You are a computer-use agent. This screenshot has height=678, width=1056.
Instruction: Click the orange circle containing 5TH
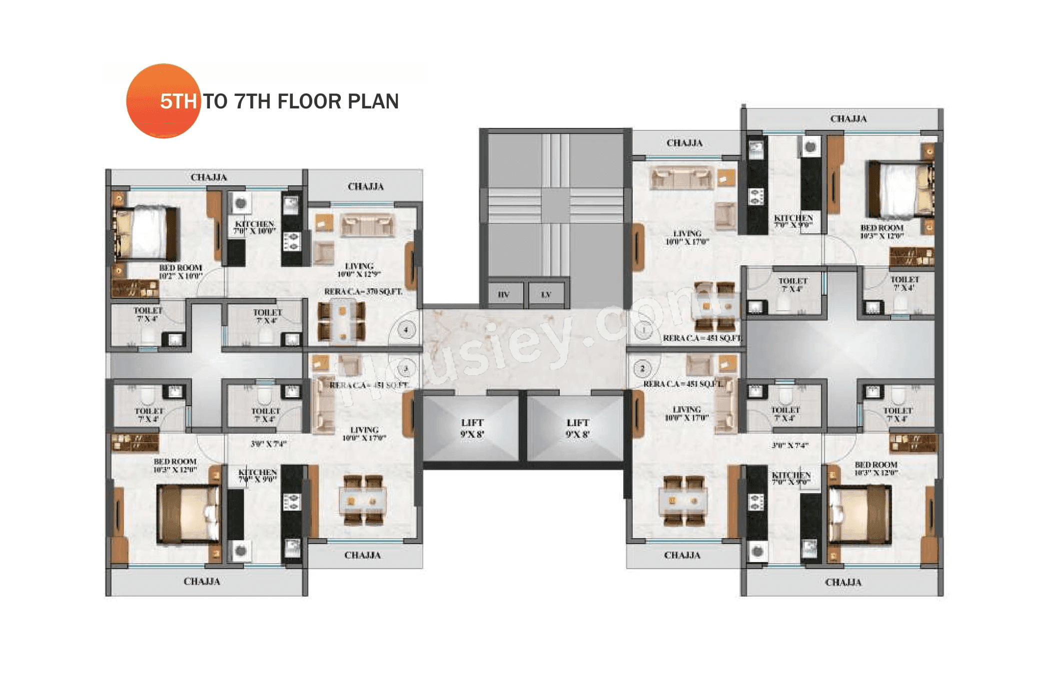pyautogui.click(x=163, y=101)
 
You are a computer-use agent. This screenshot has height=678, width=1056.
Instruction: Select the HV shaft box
pyautogui.click(x=503, y=294)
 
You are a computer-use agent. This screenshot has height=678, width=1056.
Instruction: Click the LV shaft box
pyautogui.click(x=546, y=294)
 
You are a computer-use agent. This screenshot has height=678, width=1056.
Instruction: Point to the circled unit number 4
pyautogui.click(x=406, y=330)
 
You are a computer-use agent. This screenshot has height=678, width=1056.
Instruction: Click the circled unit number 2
pyautogui.click(x=642, y=369)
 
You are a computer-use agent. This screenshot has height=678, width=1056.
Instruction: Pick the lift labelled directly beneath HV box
pyautogui.click(x=472, y=428)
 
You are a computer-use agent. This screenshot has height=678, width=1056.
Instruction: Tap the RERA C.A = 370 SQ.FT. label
pyautogui.click(x=363, y=291)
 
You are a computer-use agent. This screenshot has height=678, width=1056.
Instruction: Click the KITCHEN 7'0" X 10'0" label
pyautogui.click(x=254, y=227)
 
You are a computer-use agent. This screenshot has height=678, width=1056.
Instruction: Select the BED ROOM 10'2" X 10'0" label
pyautogui.click(x=180, y=271)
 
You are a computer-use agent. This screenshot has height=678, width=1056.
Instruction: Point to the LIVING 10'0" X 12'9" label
pyautogui.click(x=359, y=270)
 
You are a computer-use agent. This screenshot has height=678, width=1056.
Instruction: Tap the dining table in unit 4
pyautogui.click(x=342, y=321)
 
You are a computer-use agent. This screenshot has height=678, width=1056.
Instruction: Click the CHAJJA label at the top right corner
pyautogui.click(x=848, y=119)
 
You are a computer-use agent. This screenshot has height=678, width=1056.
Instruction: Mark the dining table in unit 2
pyautogui.click(x=683, y=500)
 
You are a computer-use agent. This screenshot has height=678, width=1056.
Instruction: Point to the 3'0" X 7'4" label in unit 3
pyautogui.click(x=268, y=444)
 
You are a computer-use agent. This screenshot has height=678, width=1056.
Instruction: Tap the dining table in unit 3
pyautogui.click(x=363, y=500)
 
